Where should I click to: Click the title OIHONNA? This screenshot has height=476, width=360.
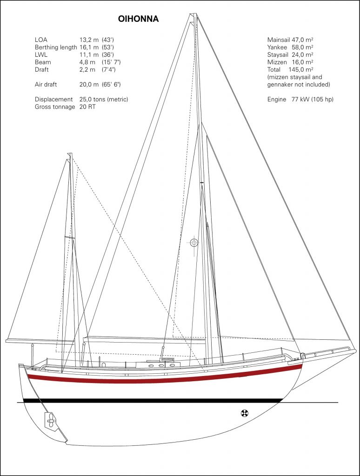coord(138,19)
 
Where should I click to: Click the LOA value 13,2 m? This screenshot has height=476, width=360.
coord(89,40)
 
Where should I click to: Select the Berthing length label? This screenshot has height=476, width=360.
coord(56,47)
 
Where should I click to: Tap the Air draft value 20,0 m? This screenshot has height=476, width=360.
coord(89,85)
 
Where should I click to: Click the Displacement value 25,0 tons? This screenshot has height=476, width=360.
coord(93,99)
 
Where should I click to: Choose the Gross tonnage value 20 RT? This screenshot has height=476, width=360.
coord(87,107)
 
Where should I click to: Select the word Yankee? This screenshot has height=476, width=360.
coord(277,47)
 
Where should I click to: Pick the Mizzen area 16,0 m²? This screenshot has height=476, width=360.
coord(303,62)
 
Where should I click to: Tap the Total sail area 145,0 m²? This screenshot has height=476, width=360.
coord(301,70)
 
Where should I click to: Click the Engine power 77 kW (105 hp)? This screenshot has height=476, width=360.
coord(312,99)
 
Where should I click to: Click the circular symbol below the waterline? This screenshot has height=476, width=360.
coord(244,413)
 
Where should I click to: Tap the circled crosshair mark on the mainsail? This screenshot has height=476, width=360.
coord(194,243)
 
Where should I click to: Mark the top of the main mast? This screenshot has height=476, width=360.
coord(193,14)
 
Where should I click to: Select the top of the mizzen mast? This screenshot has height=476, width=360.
coord(70,153)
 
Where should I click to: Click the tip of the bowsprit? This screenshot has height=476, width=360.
coord(355,350)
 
